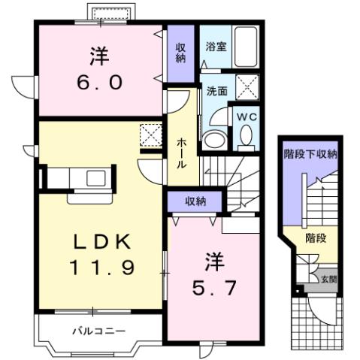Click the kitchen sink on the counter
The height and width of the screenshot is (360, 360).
point(95,178)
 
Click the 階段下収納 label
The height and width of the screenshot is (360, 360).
point(310,154)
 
